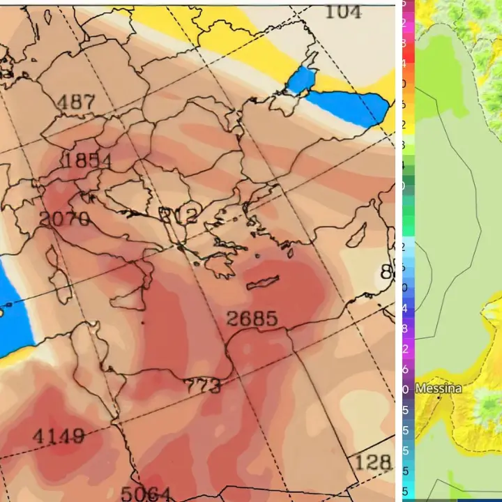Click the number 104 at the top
click(344, 10)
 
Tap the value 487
click(75, 102)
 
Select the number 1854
click(86, 160)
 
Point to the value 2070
click(64, 219)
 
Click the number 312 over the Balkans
click(179, 214)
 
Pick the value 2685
click(252, 319)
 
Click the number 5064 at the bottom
click(149, 493)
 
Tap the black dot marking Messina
click(439, 397)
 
